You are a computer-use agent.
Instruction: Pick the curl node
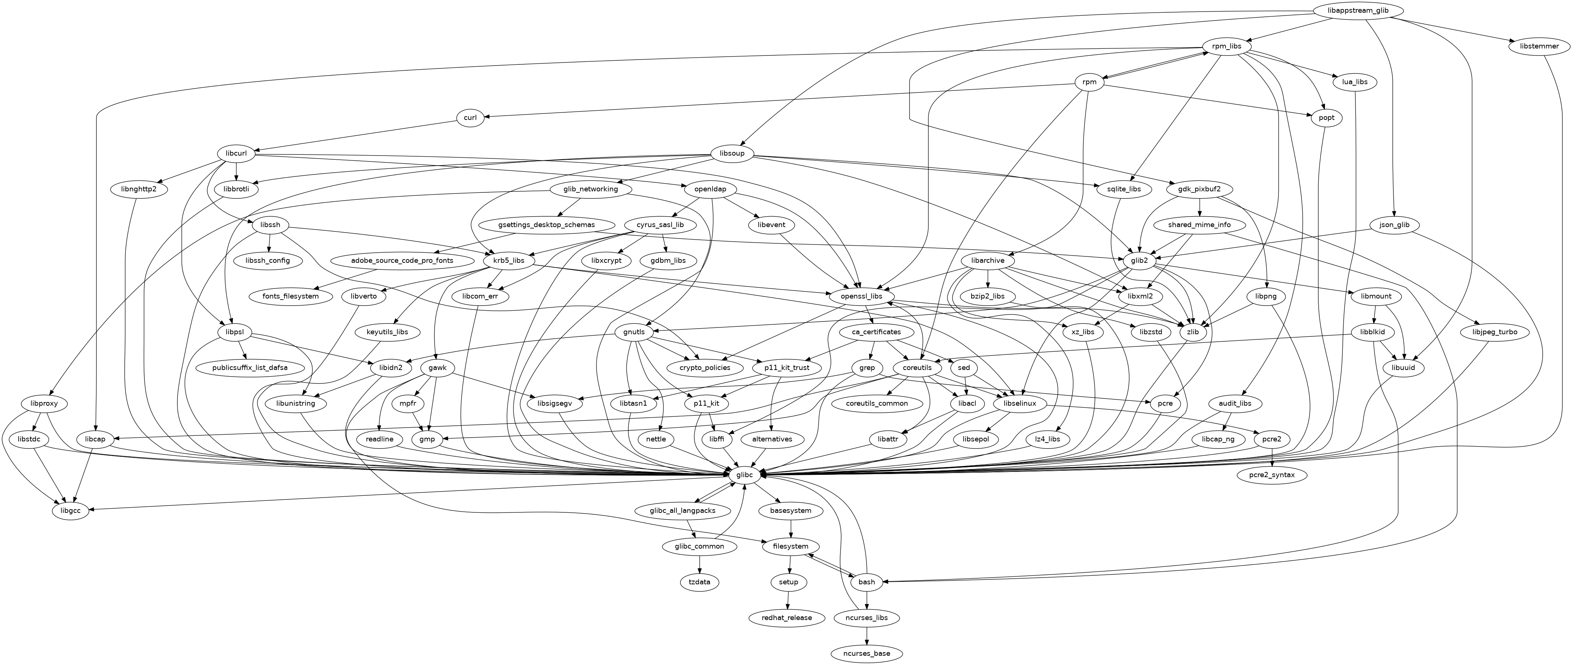click(x=470, y=118)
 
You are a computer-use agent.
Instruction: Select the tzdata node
click(x=699, y=582)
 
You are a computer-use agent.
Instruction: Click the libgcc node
click(x=71, y=510)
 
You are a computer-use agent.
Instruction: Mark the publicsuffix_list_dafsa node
click(x=250, y=368)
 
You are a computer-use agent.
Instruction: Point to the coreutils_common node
click(x=877, y=403)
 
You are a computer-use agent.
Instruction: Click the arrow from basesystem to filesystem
click(x=791, y=528)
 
